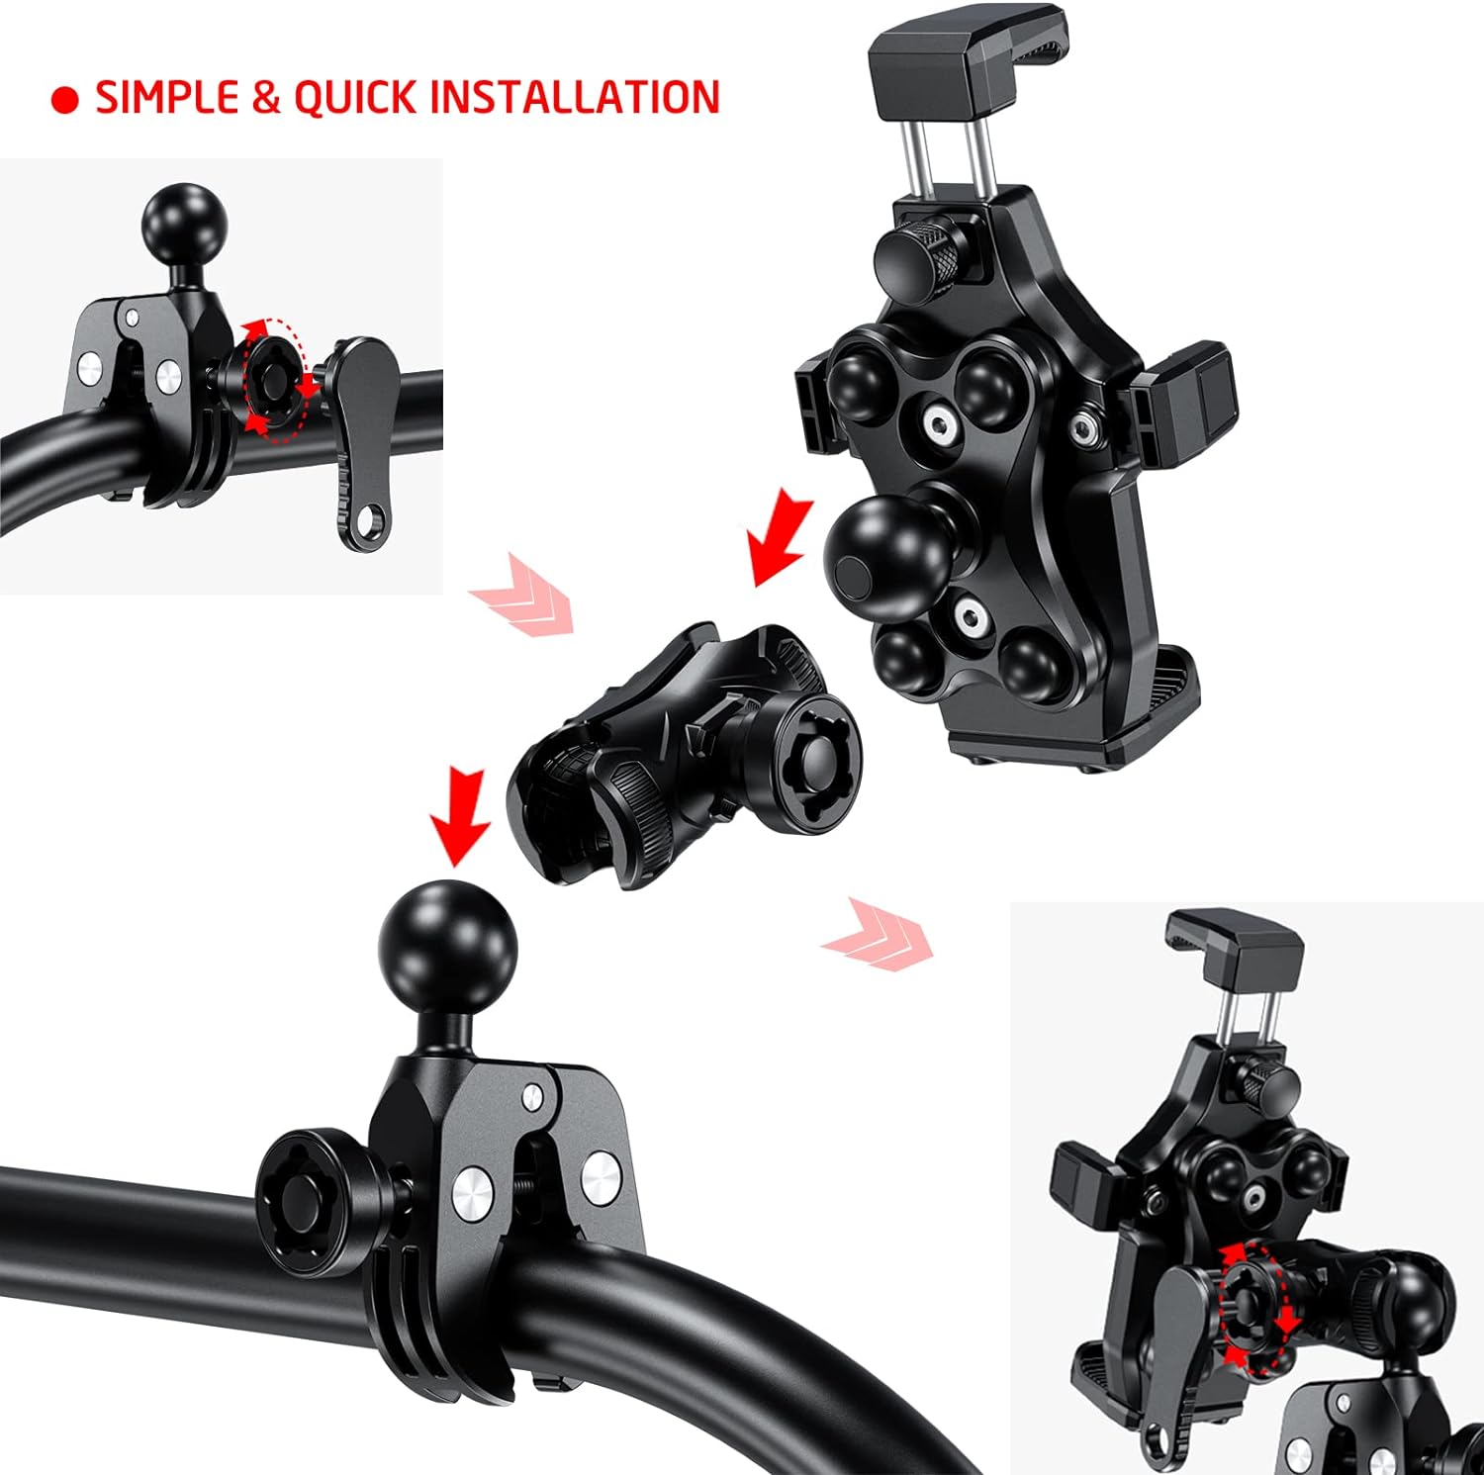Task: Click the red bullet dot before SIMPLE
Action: (x=64, y=100)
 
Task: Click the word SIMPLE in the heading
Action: (x=167, y=98)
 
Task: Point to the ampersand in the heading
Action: (x=266, y=98)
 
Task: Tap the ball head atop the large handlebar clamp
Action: (x=447, y=945)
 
